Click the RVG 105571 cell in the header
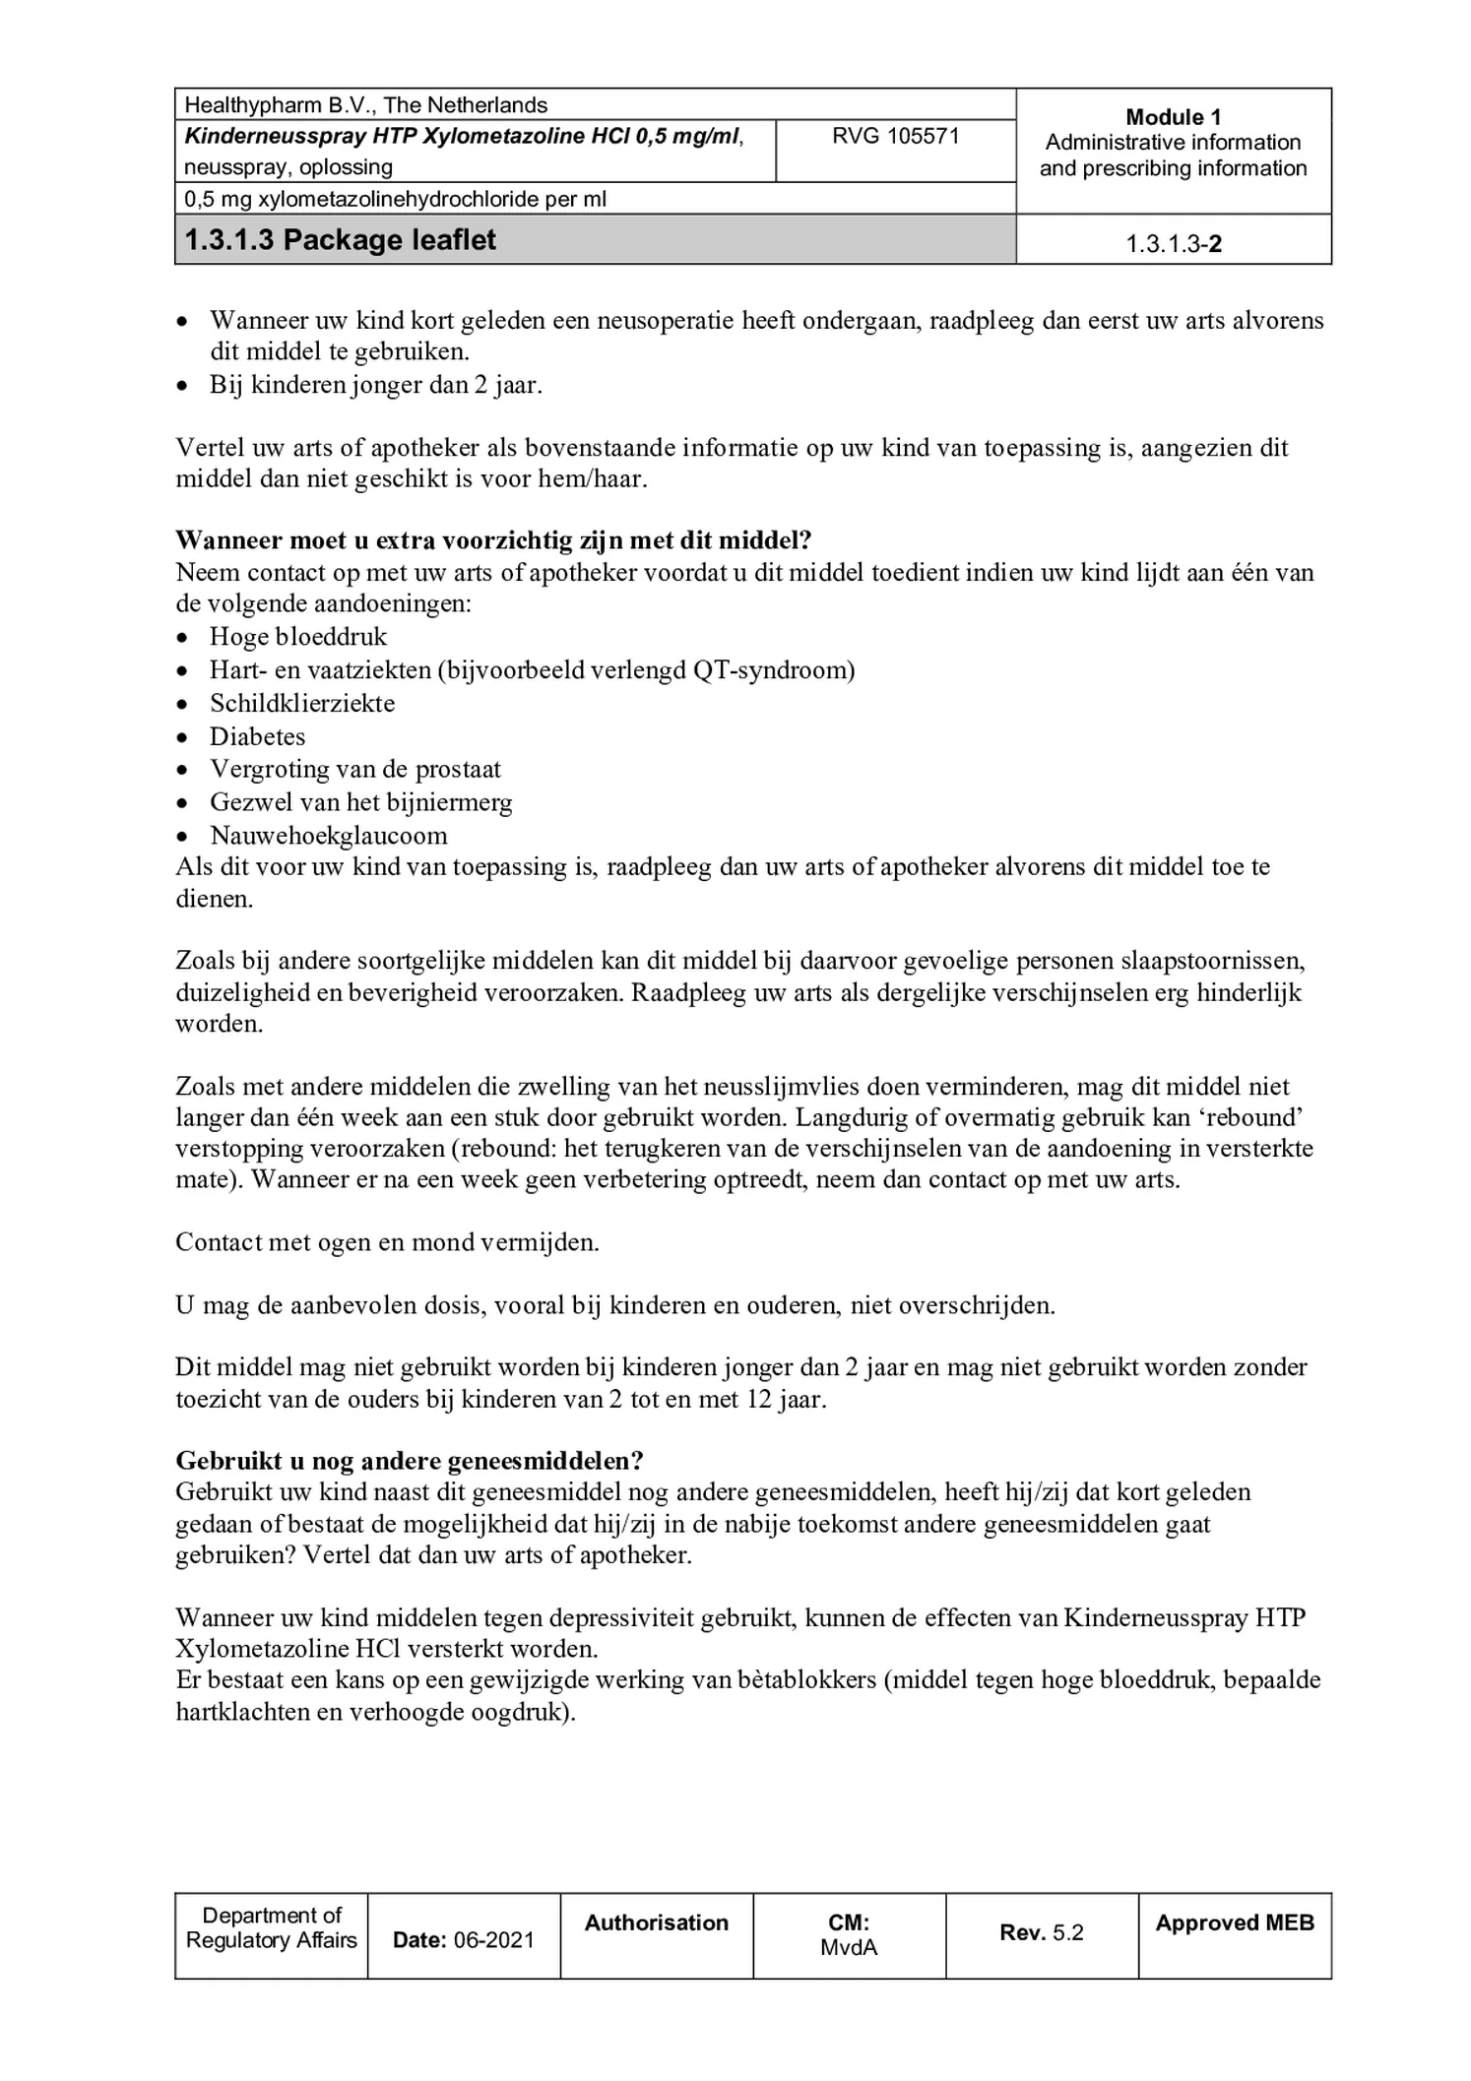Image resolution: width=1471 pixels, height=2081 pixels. pos(894,137)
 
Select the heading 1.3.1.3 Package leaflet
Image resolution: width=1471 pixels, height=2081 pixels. pos(341,240)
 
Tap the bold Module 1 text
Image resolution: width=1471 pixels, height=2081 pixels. pos(1172,117)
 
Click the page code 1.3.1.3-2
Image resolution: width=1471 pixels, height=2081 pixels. pos(1173,244)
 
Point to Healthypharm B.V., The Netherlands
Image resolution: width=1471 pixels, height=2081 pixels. pos(366,105)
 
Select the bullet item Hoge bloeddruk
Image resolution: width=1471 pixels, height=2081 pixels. pos(298,637)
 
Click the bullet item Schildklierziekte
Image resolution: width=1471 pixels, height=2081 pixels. pos(302,704)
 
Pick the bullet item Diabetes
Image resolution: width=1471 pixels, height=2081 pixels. pos(257,737)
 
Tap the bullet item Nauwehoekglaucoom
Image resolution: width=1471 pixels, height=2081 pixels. pos(328,836)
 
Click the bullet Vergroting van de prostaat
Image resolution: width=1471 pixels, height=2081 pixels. pos(354,769)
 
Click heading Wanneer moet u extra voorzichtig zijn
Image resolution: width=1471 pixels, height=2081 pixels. pos(492,540)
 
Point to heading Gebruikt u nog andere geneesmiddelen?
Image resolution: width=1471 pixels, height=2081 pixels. pos(409,1460)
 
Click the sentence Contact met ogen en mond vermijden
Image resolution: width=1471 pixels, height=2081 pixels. pos(387,1242)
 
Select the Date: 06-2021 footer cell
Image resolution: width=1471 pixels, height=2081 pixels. pos(463,1940)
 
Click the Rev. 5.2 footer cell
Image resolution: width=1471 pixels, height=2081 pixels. pos(1041,1932)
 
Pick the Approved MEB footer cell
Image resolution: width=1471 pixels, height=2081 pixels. pos(1234,1923)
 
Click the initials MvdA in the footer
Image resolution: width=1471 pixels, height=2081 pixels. pos(848,1947)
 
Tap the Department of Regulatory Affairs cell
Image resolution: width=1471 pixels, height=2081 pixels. pos(271,1928)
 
